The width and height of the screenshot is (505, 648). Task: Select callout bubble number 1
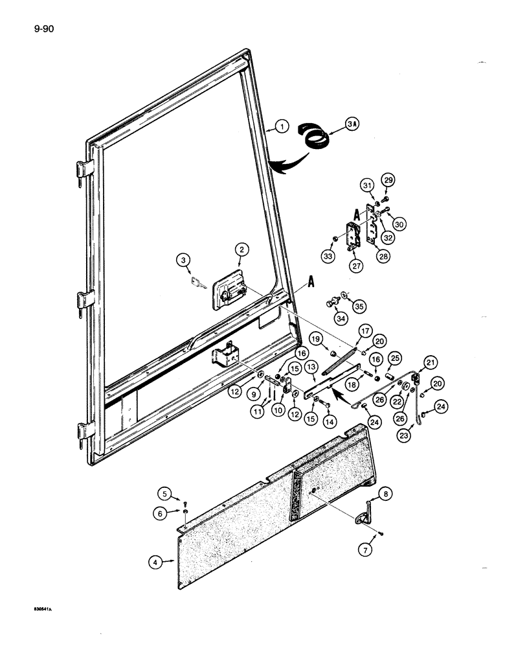coord(280,127)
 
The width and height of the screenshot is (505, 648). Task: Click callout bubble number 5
coord(166,495)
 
